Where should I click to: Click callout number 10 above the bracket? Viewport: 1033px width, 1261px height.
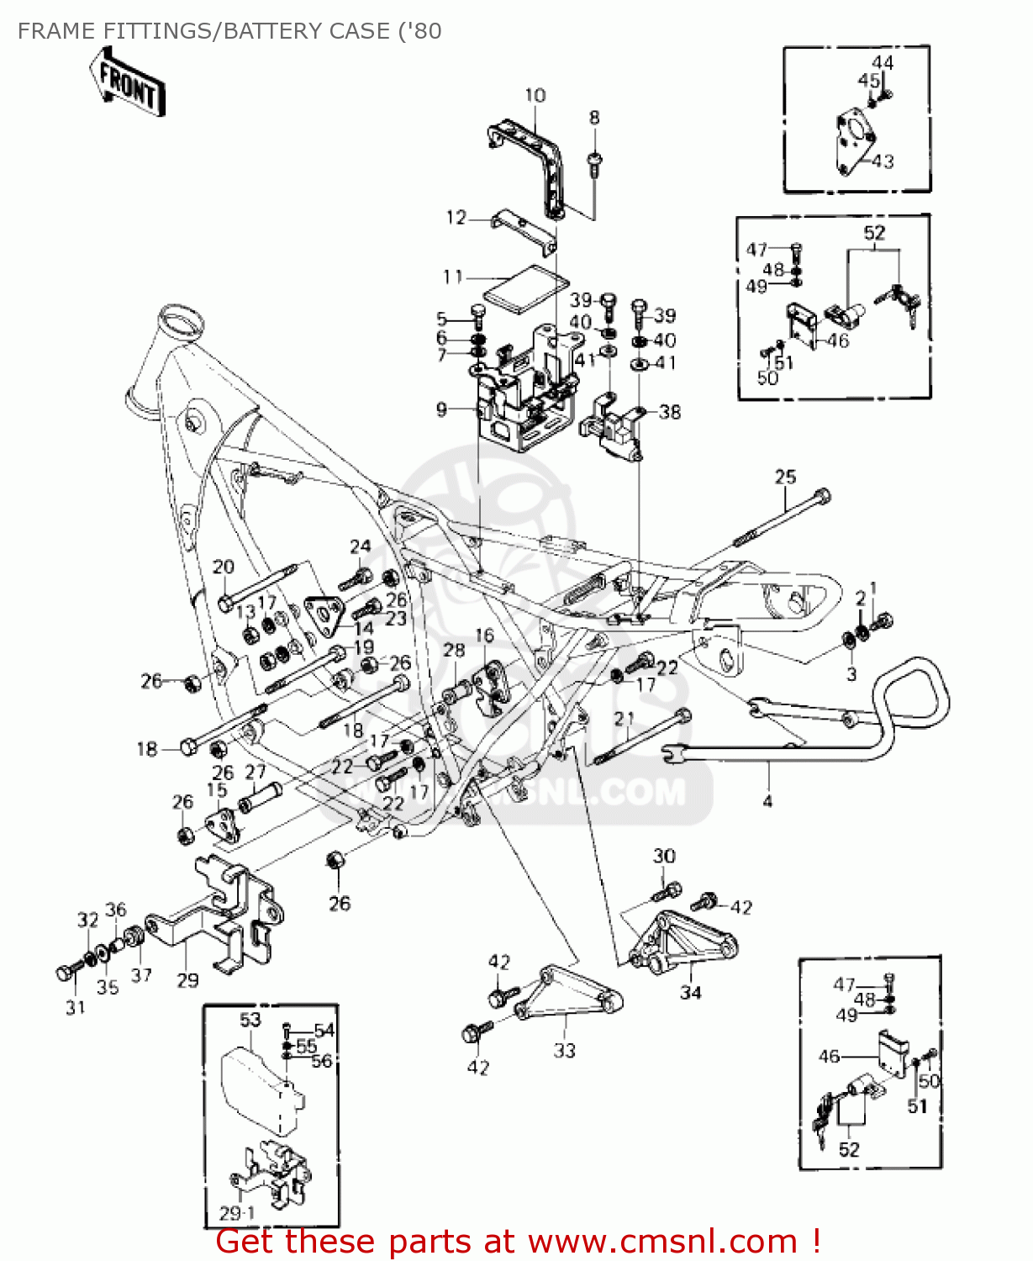tap(535, 96)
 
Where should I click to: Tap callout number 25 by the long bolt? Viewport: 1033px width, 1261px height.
tap(785, 477)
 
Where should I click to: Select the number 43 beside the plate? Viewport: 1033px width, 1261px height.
tap(883, 161)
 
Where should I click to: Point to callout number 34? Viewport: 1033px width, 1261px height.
tap(691, 993)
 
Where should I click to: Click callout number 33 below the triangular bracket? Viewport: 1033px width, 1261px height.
tap(565, 1050)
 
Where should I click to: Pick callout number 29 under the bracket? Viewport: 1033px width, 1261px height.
tap(187, 980)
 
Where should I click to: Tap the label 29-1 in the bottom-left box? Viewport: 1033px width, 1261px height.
tap(237, 1213)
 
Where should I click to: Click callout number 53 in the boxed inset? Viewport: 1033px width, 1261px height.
tap(250, 1020)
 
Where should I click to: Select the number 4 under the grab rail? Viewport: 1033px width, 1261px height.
tap(767, 801)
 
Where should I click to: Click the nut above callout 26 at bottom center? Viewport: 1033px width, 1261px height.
tap(335, 861)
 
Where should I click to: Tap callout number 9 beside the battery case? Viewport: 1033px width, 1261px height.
tap(442, 409)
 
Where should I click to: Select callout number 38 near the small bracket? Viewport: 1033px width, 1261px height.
tap(670, 412)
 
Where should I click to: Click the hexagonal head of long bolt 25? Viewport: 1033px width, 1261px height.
tap(822, 496)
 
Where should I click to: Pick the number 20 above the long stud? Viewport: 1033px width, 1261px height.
tap(224, 567)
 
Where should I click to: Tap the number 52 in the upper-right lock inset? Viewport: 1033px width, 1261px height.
tap(874, 232)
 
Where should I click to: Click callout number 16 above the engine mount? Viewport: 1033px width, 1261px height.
tap(485, 636)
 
